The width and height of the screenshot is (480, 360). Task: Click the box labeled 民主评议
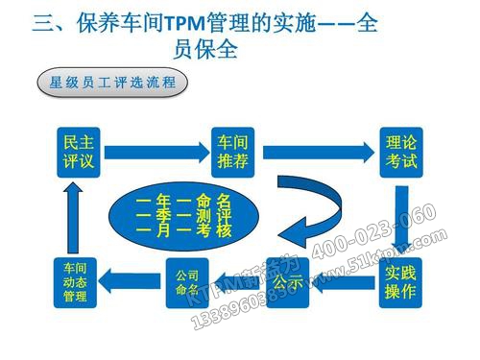point(77,152)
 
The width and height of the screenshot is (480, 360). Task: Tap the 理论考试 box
point(397,152)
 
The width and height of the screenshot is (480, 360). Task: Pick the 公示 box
point(288,284)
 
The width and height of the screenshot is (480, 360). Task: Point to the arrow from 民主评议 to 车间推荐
point(154,152)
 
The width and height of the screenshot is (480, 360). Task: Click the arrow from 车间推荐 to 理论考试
point(317,152)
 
